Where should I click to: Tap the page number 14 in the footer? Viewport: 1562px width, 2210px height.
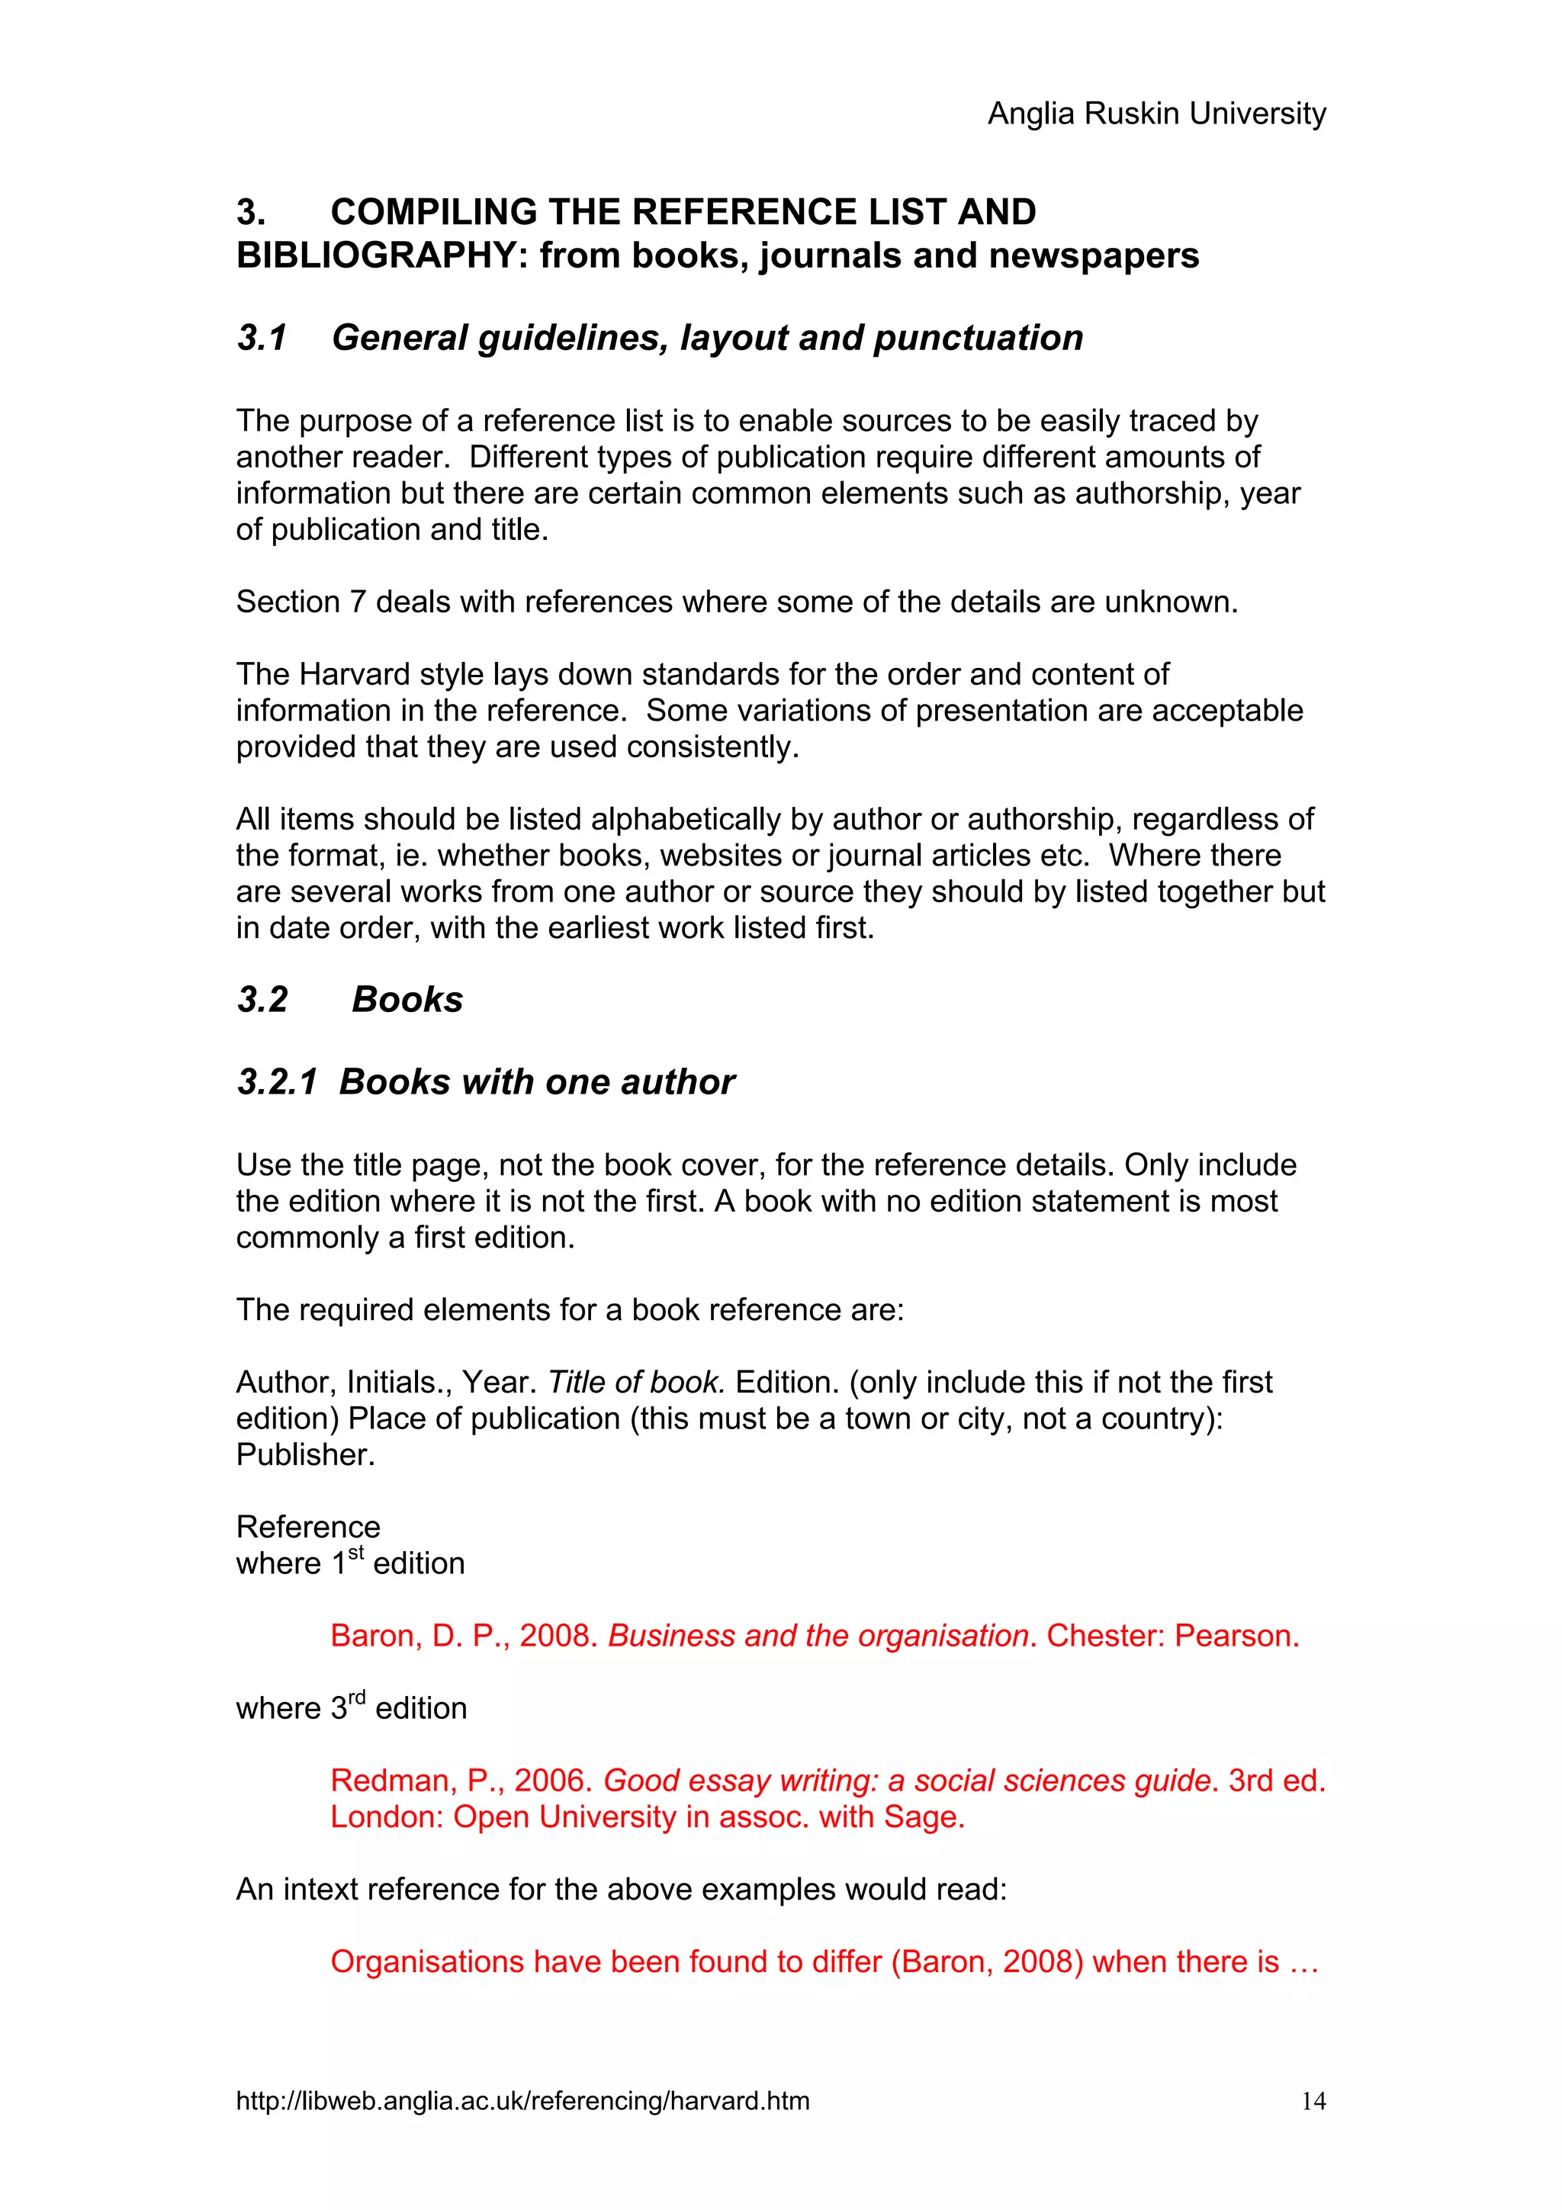coord(1313,2100)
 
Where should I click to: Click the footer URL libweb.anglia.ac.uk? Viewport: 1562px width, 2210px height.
coord(522,2100)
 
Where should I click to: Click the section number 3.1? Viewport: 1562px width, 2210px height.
coord(262,338)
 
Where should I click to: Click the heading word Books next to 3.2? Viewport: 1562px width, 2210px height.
coord(407,999)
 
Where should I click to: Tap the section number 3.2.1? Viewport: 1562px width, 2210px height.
coord(277,1082)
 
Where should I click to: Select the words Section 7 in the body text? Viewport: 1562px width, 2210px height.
coord(301,602)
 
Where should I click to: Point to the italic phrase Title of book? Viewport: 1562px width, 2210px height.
coord(635,1383)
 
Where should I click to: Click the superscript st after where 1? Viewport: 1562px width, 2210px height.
coord(356,1552)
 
